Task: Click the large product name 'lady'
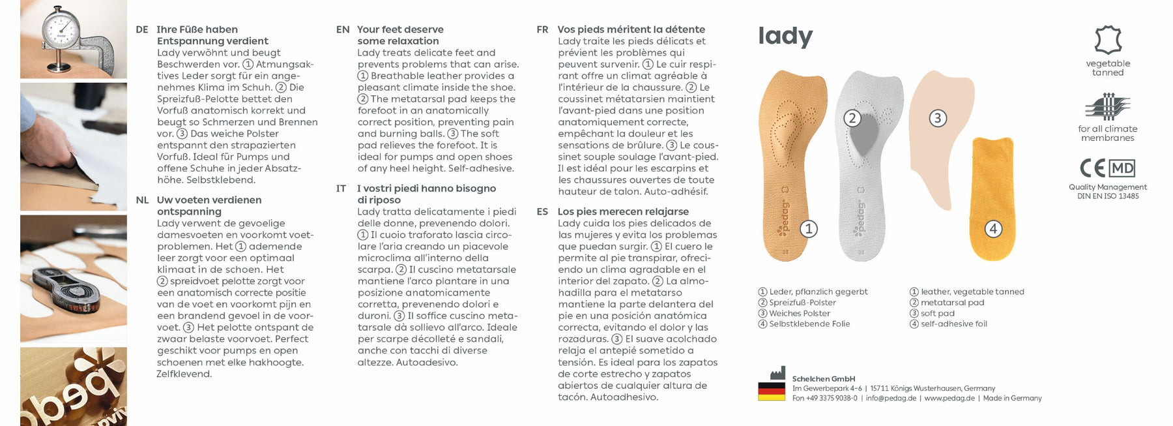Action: (x=785, y=37)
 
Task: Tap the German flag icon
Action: (x=771, y=391)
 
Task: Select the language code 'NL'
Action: (x=142, y=200)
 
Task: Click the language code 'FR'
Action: (x=542, y=29)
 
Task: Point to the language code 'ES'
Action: (x=542, y=211)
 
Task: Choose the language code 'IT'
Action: (x=341, y=189)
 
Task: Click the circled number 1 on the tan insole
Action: (x=808, y=229)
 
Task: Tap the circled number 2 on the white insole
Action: (x=852, y=118)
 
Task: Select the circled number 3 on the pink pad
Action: (x=937, y=118)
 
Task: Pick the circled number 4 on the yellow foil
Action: (x=992, y=229)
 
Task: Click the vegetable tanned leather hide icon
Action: (x=1108, y=40)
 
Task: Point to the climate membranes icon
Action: (x=1107, y=107)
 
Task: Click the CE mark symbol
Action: (x=1092, y=168)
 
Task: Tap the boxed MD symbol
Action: (x=1122, y=168)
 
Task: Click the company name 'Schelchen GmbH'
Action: (x=823, y=379)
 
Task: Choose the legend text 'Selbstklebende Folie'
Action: (x=809, y=324)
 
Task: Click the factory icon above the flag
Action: (x=777, y=373)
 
